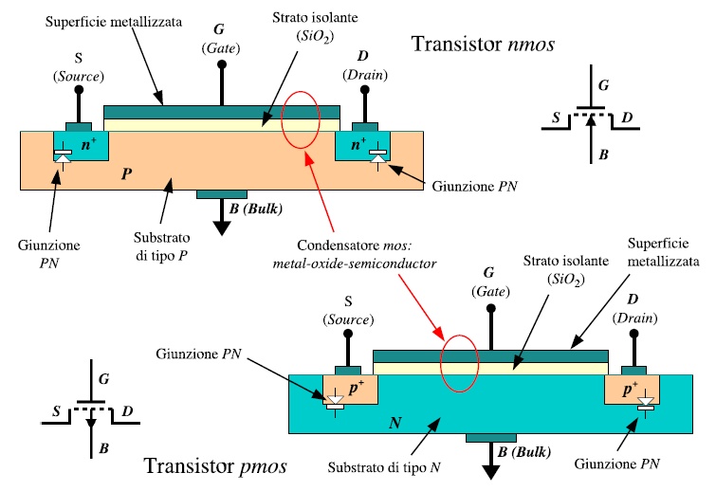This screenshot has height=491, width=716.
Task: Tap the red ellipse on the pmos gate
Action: click(x=459, y=363)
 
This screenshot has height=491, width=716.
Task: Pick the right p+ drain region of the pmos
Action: click(x=633, y=391)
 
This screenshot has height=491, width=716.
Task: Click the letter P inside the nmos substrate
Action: click(x=126, y=176)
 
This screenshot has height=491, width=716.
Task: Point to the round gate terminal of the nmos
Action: click(x=222, y=64)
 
